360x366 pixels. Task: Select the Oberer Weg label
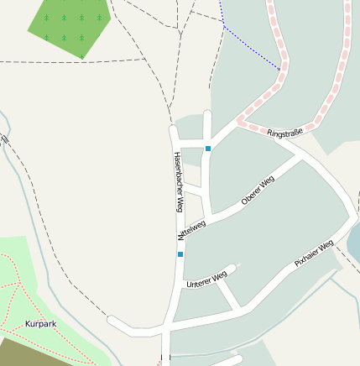[x=258, y=191]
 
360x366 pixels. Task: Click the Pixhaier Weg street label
[x=314, y=253]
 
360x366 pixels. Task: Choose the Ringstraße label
[x=284, y=133]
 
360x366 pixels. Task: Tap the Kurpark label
[x=41, y=323]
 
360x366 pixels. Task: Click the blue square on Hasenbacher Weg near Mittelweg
[x=180, y=254]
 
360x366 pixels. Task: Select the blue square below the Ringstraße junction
[x=208, y=149]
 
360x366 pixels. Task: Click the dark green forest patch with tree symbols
[x=71, y=25]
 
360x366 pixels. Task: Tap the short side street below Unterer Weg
[x=229, y=295]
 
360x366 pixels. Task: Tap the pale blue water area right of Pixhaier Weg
[x=353, y=243]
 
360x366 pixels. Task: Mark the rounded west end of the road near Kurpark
[x=112, y=321]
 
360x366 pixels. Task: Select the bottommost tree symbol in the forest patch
[x=82, y=37]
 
